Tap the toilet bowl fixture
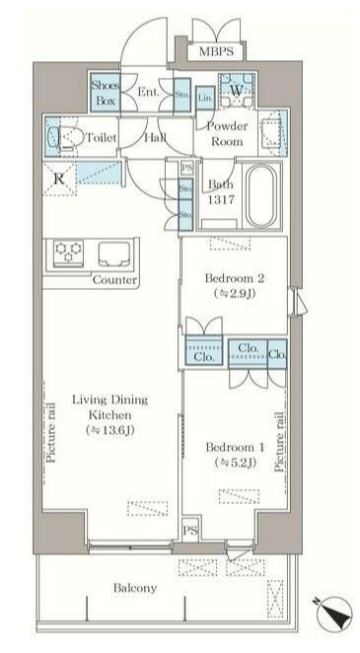click(67, 139)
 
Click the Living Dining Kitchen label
click(109, 415)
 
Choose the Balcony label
click(133, 588)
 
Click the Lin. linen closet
click(204, 96)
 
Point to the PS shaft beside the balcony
click(189, 529)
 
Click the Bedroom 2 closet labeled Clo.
click(205, 356)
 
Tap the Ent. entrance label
click(148, 93)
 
